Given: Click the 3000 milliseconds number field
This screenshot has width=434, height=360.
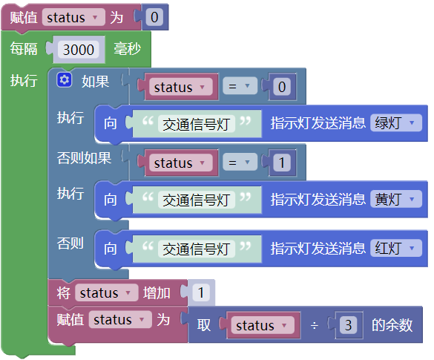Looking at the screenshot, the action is click(79, 50).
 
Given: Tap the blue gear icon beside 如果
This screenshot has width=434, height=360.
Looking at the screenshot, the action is click(65, 80).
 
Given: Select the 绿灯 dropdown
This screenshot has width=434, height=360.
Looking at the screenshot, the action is click(396, 122).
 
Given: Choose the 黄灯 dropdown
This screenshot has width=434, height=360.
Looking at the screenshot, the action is click(396, 199).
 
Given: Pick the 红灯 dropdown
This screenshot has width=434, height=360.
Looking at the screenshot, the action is click(396, 248).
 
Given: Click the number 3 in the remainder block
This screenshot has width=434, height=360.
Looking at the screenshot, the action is click(348, 325).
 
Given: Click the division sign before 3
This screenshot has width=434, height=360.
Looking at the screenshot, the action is click(314, 326).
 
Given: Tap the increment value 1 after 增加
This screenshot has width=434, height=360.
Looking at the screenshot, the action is click(201, 292).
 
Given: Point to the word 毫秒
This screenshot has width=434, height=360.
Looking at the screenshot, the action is click(127, 49).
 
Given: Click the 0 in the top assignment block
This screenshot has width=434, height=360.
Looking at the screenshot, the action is click(154, 17).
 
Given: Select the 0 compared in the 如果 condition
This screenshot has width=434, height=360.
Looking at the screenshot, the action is click(282, 87).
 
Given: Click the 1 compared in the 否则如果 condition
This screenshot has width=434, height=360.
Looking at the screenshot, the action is click(282, 163).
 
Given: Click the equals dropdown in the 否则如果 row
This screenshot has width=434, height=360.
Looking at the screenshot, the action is click(240, 163).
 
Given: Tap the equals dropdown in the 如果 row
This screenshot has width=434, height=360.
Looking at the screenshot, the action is click(240, 87).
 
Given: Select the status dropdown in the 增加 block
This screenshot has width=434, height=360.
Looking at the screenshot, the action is click(107, 292).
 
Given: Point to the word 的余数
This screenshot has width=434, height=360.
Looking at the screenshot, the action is click(392, 325).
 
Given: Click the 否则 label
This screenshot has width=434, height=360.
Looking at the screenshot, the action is click(70, 243).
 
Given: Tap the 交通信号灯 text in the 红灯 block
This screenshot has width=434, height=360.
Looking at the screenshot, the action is click(197, 249).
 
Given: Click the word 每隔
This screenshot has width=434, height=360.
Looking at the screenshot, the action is click(24, 49).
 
